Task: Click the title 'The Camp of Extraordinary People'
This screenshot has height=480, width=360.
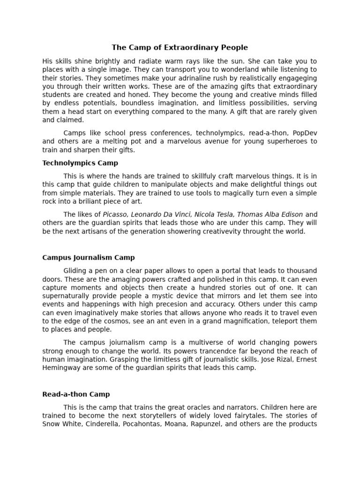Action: tap(180, 47)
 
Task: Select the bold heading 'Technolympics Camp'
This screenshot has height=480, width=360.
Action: tap(80, 163)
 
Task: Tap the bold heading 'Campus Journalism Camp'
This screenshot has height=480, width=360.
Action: tap(89, 257)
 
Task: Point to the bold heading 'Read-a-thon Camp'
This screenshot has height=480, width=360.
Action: tap(76, 394)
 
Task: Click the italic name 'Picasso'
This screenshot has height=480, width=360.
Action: tap(115, 214)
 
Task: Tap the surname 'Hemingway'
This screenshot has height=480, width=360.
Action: tap(61, 368)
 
